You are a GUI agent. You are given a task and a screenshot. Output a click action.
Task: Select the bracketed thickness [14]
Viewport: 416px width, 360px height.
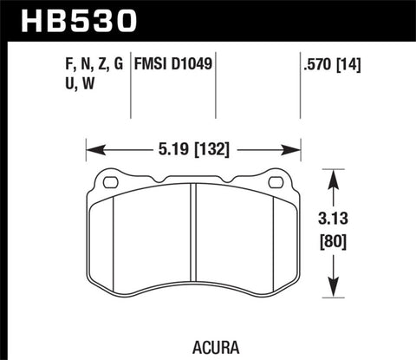point(348,63)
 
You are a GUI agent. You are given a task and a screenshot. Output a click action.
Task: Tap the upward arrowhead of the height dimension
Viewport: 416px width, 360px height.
point(335,175)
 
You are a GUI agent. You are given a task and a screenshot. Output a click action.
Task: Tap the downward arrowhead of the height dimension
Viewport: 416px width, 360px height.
point(335,292)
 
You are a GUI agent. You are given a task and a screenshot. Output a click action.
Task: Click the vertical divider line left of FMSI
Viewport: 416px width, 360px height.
point(132,87)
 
